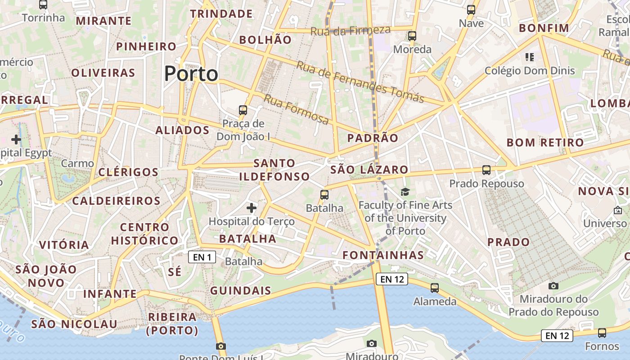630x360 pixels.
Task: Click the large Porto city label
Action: click(x=191, y=74)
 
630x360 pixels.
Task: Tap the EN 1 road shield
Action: click(x=202, y=257)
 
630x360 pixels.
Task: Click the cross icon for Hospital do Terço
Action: click(x=252, y=208)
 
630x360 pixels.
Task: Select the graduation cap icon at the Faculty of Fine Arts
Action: click(x=405, y=192)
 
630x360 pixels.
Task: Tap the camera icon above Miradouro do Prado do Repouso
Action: click(x=553, y=286)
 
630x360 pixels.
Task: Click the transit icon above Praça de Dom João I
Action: click(x=243, y=110)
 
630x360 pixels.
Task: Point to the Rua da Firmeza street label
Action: click(x=351, y=31)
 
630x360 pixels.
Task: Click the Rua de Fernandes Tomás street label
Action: click(x=360, y=81)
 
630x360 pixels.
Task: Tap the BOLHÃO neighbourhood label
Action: click(x=265, y=40)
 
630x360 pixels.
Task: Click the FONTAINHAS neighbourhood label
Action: click(x=383, y=255)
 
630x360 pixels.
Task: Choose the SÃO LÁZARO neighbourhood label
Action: click(x=369, y=170)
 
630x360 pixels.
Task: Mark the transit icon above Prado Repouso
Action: click(x=486, y=170)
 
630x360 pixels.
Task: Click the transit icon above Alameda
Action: click(x=435, y=288)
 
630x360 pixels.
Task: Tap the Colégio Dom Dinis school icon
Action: click(x=530, y=57)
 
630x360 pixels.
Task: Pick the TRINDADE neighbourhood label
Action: click(x=221, y=14)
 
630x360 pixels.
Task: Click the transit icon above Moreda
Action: click(x=412, y=36)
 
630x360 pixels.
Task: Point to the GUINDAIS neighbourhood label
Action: click(x=241, y=291)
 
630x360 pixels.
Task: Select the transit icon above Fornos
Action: click(x=602, y=333)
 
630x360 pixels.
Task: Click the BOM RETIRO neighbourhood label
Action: click(x=545, y=143)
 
